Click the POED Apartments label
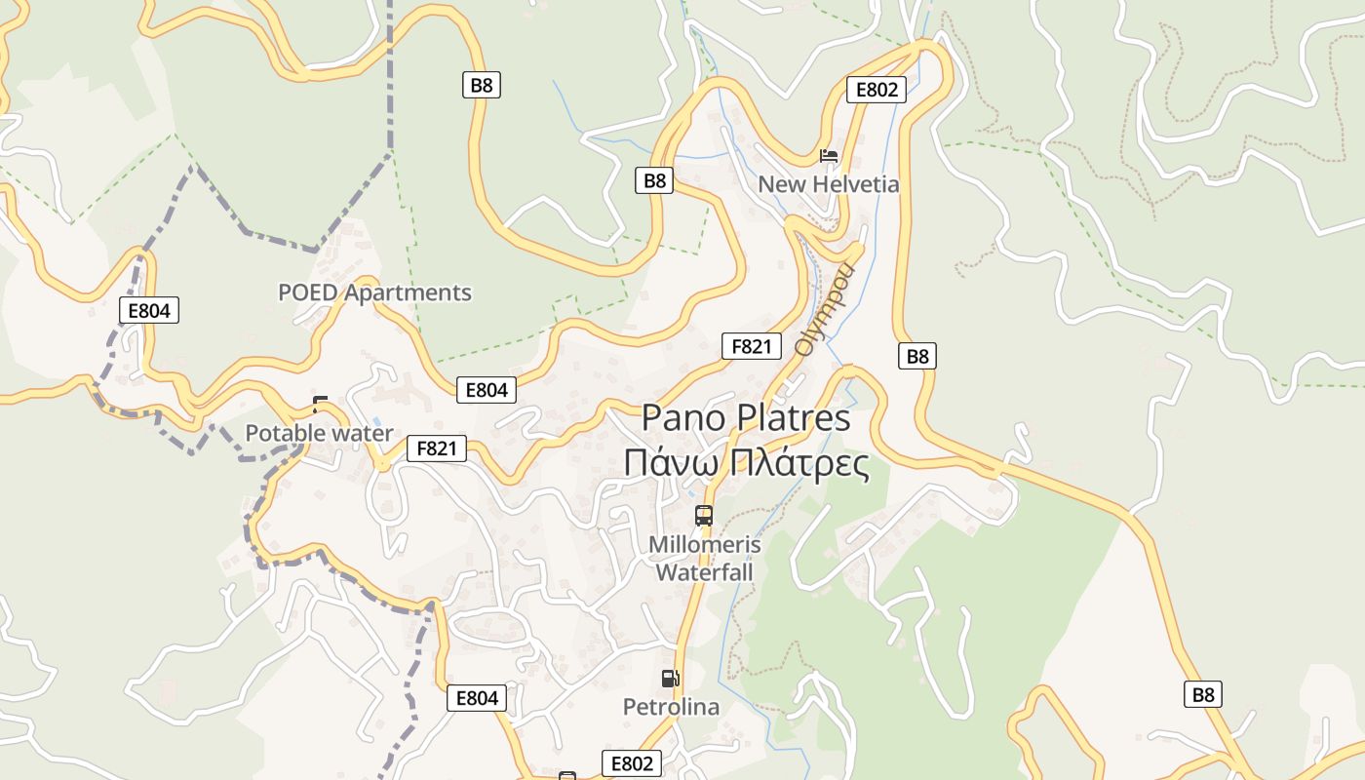(374, 292)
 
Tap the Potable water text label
(319, 433)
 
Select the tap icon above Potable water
(320, 404)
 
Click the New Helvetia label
(829, 184)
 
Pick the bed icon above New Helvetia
(829, 156)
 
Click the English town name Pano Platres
(746, 418)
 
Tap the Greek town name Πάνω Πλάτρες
(746, 463)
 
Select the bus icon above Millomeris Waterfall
(704, 516)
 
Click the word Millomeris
(704, 544)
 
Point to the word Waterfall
(704, 571)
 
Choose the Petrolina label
(671, 707)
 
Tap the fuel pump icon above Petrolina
(670, 679)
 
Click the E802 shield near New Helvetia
(876, 90)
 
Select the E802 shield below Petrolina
(632, 763)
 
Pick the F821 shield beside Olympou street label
(752, 346)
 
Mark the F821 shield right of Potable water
(437, 448)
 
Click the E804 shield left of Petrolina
(477, 698)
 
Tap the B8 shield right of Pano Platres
(917, 356)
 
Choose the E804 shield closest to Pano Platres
(487, 390)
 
